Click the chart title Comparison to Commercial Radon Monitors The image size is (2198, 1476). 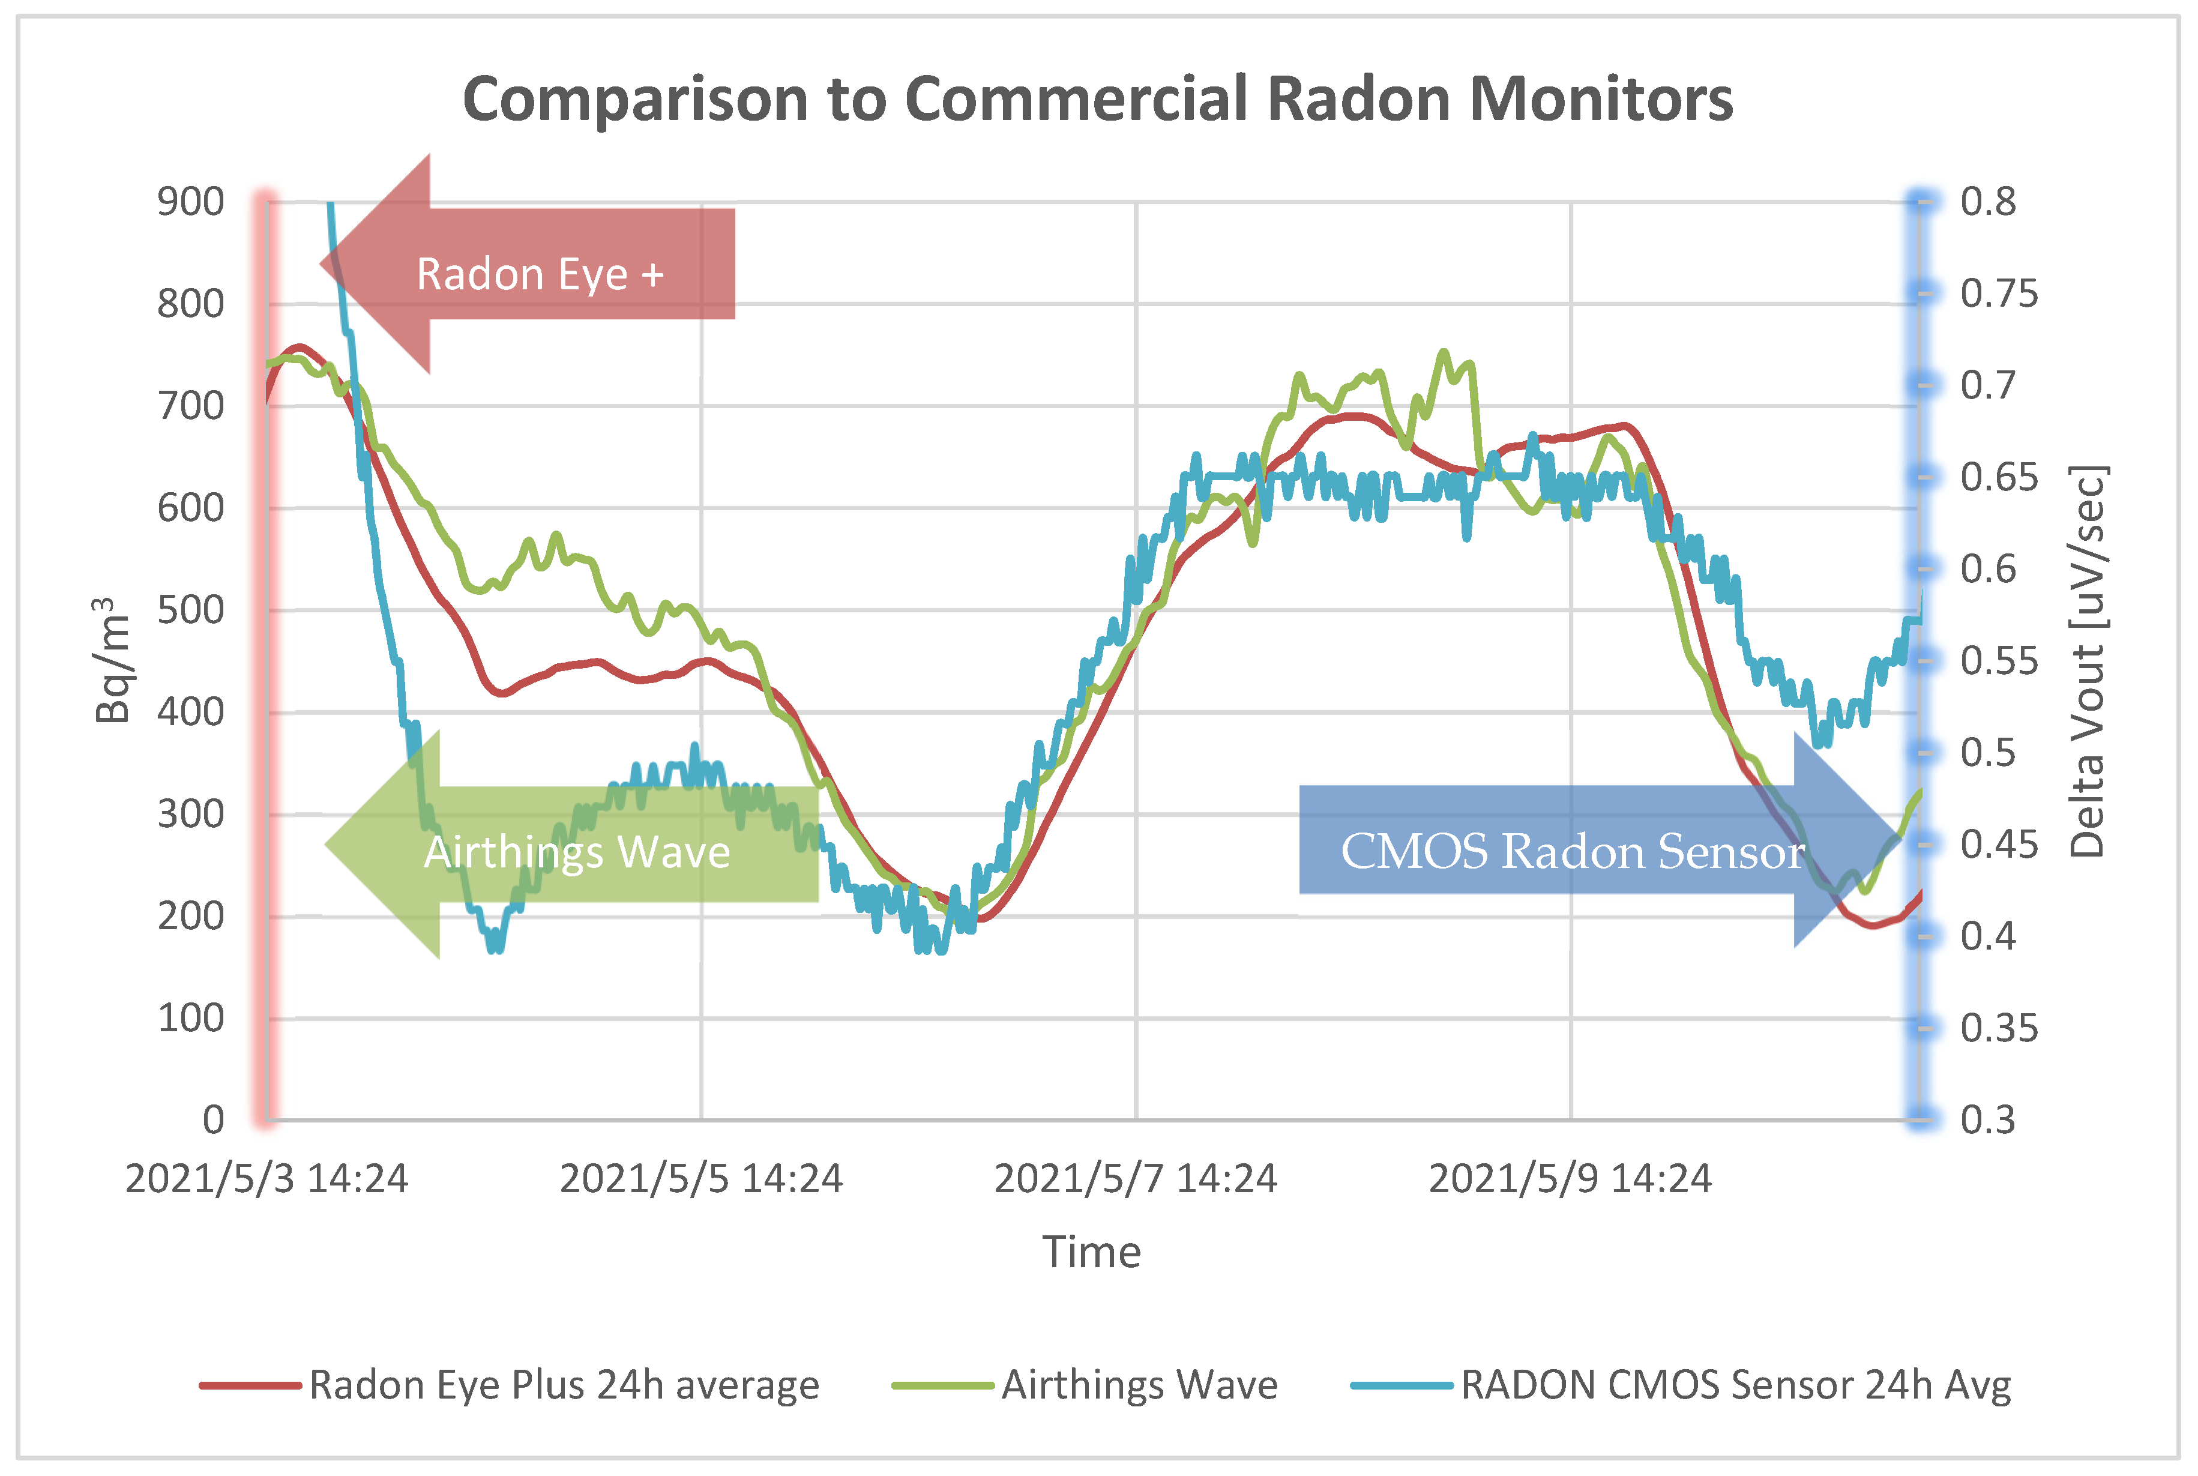point(1098,99)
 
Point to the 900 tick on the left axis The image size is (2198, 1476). point(190,202)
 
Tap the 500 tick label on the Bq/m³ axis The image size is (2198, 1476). point(190,610)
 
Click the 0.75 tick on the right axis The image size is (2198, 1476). point(1998,294)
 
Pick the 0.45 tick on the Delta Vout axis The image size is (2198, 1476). point(1998,845)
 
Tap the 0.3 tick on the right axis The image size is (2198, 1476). point(1987,1119)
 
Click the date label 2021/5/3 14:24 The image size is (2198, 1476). point(266,1178)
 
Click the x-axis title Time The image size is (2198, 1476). point(1091,1252)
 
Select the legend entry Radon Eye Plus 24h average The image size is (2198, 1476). point(563,1385)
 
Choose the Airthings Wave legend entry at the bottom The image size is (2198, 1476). point(1139,1385)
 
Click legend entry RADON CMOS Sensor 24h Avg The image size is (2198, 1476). point(1735,1385)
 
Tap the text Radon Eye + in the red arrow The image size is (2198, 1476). point(540,274)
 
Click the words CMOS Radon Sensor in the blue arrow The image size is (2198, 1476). point(1572,851)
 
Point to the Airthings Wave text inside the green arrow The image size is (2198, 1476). point(576,852)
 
